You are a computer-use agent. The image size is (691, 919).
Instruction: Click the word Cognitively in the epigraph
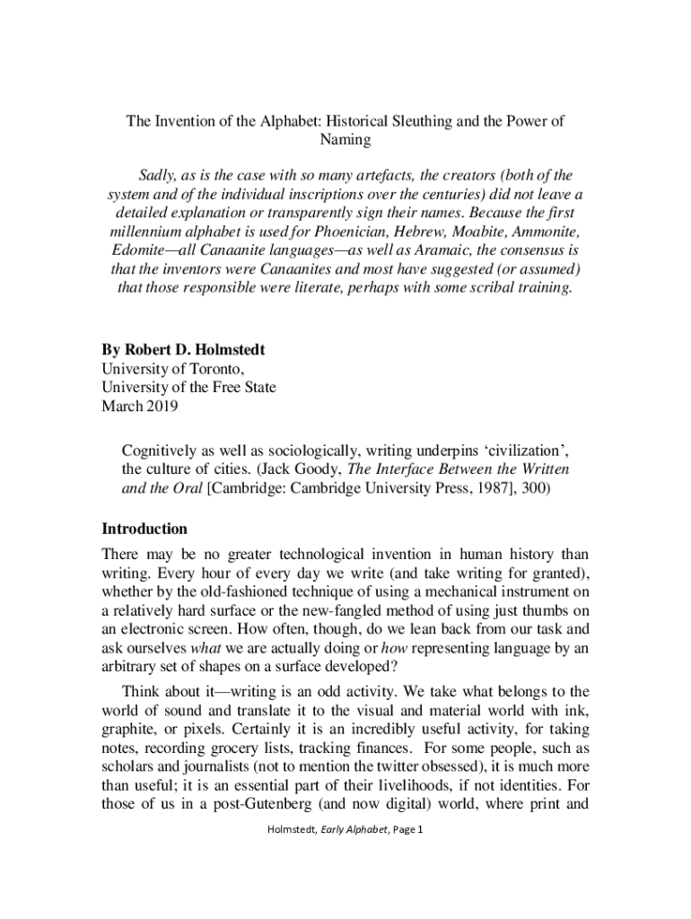[x=161, y=450]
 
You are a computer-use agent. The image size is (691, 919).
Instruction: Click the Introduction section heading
[x=144, y=529]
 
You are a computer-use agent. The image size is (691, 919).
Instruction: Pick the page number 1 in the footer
[x=418, y=829]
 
